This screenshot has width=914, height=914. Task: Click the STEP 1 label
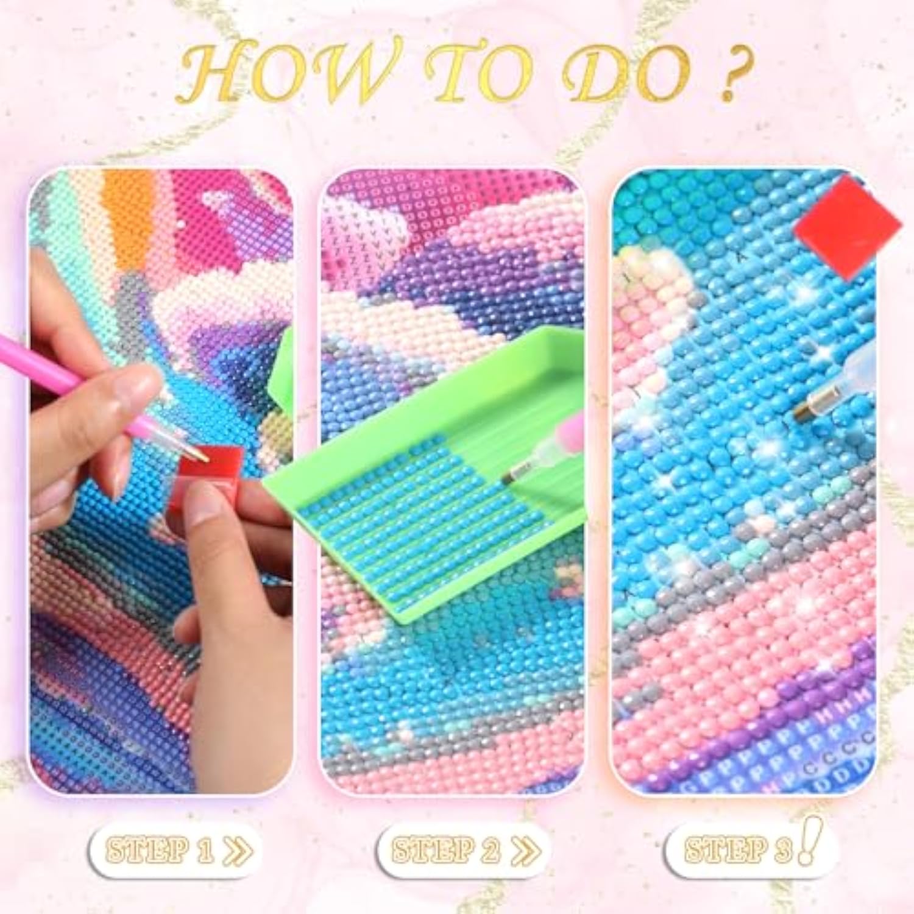[160, 851]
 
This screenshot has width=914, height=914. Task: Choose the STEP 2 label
[446, 851]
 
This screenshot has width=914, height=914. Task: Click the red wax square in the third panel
[847, 227]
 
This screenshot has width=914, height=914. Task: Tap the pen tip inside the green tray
[518, 472]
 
